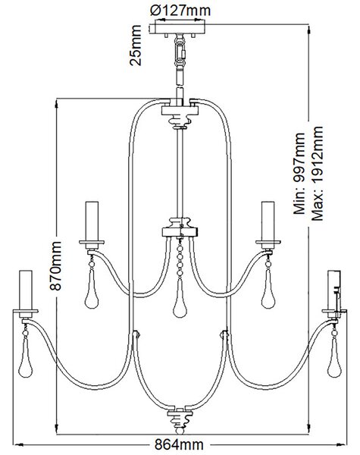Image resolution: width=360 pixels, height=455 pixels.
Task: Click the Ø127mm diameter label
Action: coord(180,11)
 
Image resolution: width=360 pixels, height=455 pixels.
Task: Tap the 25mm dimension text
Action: coord(136,45)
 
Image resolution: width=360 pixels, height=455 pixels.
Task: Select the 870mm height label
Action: coord(55,265)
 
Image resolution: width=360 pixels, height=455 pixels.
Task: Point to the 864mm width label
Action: coord(179,444)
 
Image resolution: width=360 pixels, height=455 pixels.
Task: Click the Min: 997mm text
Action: coord(299,174)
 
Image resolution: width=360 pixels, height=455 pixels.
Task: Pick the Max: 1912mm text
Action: coord(317,174)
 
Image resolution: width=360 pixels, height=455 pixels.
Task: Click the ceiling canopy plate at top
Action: coord(178,29)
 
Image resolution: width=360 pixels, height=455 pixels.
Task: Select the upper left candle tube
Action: coord(92,221)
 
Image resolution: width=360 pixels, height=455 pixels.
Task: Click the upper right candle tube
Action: coord(268,221)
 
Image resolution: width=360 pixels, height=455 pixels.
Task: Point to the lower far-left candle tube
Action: coord(26,290)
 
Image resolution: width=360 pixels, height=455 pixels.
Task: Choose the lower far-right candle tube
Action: coord(334,290)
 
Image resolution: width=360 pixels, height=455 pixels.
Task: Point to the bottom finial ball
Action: coord(180,431)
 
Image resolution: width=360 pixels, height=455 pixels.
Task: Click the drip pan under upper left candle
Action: coord(92,243)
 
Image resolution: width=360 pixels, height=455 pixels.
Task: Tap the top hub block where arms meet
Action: coord(180,110)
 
